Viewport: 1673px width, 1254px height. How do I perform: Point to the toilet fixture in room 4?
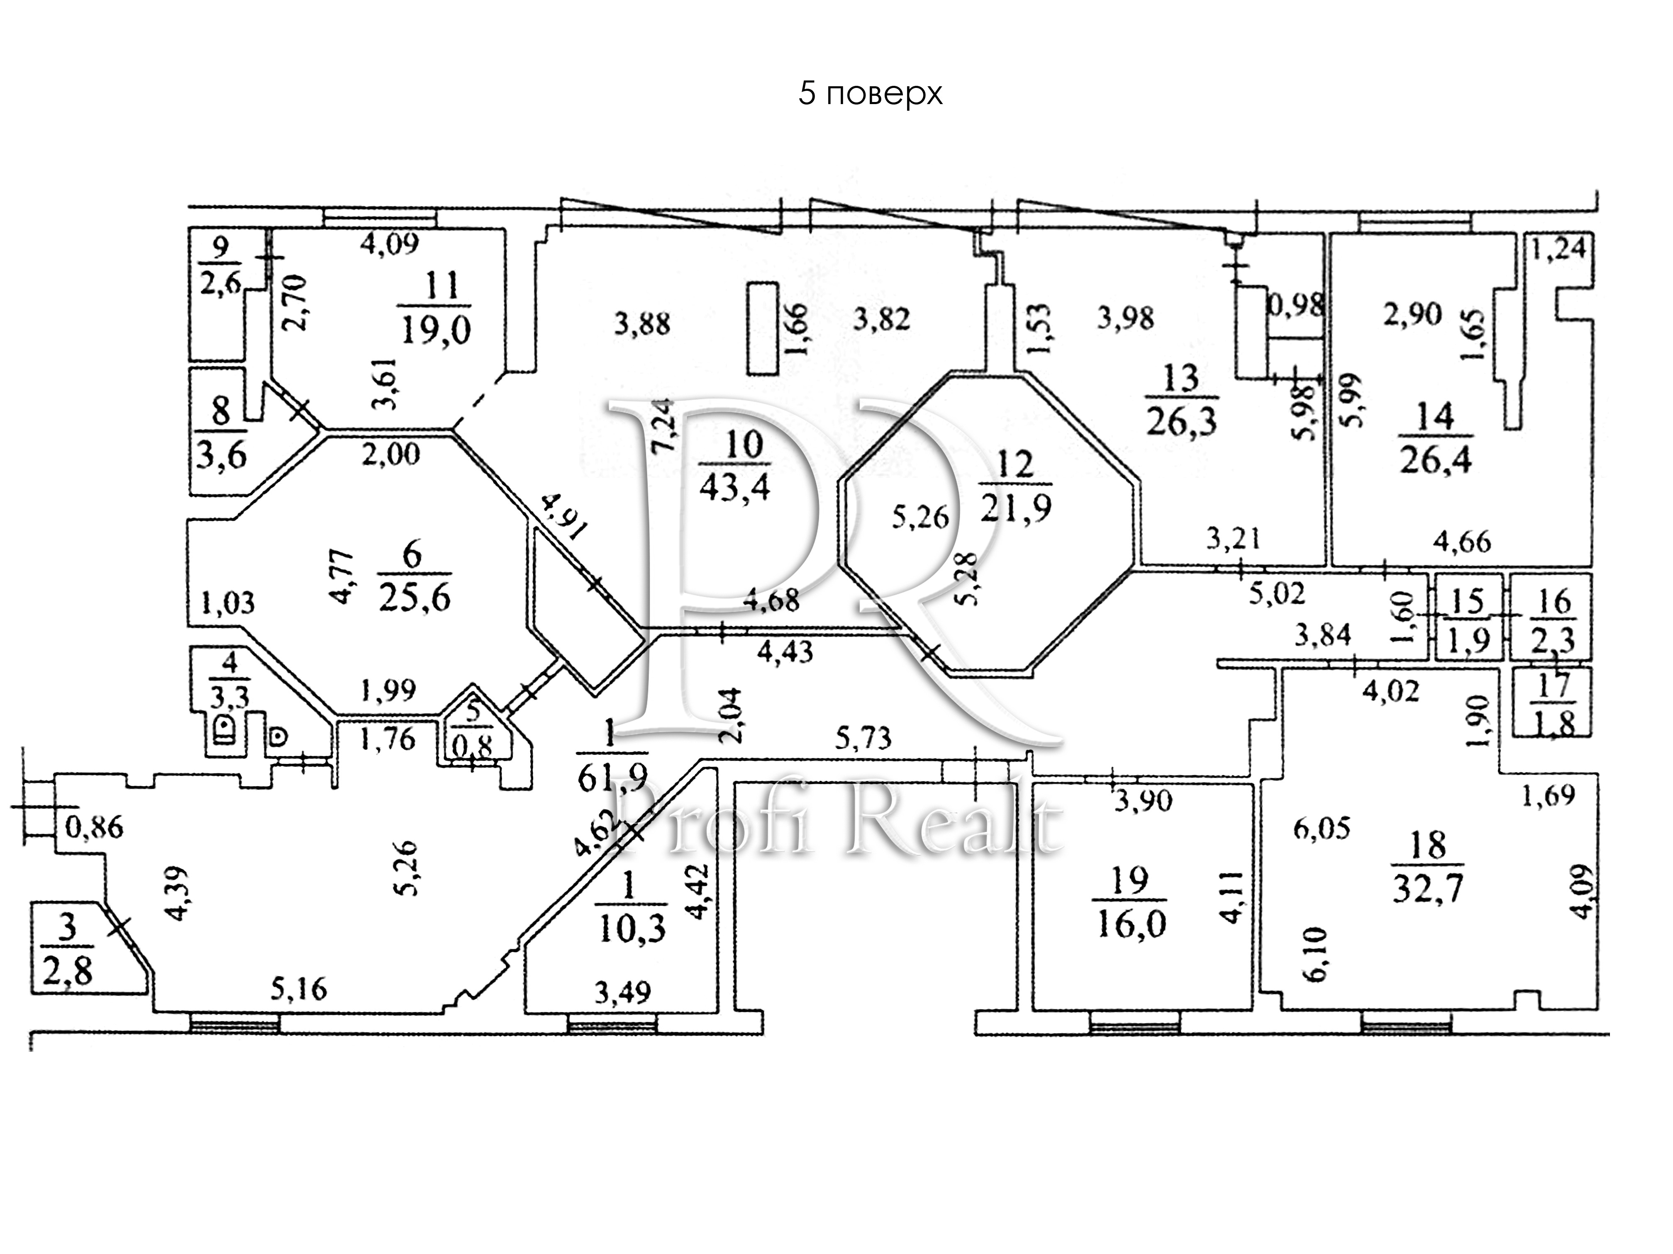224,731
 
